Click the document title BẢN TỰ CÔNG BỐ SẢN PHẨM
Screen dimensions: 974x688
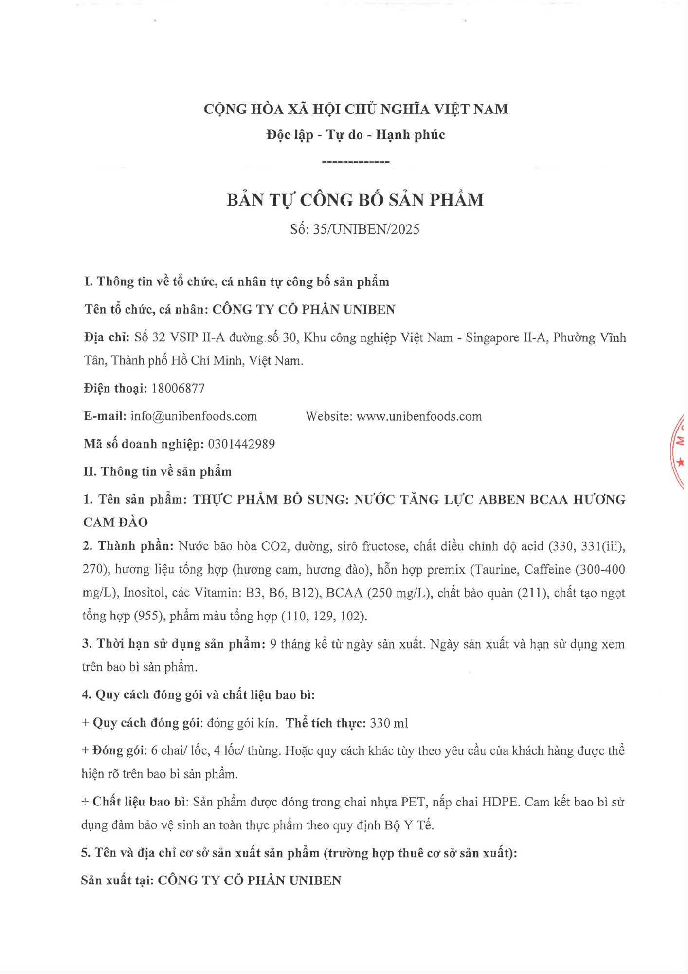[355, 200]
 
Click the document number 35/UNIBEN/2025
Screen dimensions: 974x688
[366, 229]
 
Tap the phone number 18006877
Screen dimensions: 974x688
[178, 388]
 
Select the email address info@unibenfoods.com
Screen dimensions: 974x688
[194, 416]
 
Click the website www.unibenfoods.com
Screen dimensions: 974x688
[419, 416]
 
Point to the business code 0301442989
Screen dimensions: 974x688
[241, 444]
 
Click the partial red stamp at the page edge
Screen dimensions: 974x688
[679, 450]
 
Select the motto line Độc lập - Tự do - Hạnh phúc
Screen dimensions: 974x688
[355, 135]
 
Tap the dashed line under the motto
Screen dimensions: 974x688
[356, 162]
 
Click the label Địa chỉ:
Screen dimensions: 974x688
[107, 337]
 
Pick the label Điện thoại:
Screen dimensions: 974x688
[115, 388]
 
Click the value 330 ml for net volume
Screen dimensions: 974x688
[389, 723]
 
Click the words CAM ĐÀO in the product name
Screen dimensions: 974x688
[115, 523]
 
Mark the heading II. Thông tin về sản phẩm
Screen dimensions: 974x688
[158, 472]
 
